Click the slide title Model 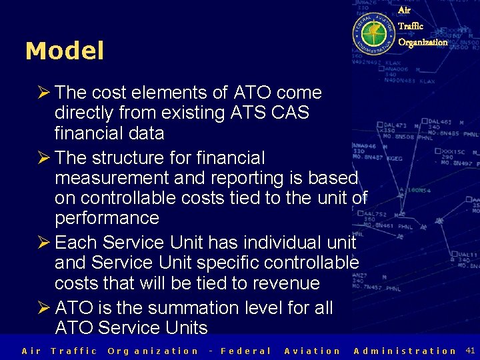pyautogui.click(x=65, y=51)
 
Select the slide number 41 pyautogui.click(x=470, y=350)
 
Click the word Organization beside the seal pyautogui.click(x=423, y=42)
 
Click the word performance pyautogui.click(x=107, y=218)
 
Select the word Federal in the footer pyautogui.click(x=246, y=351)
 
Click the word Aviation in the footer pyautogui.click(x=312, y=351)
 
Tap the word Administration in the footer pyautogui.click(x=405, y=351)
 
